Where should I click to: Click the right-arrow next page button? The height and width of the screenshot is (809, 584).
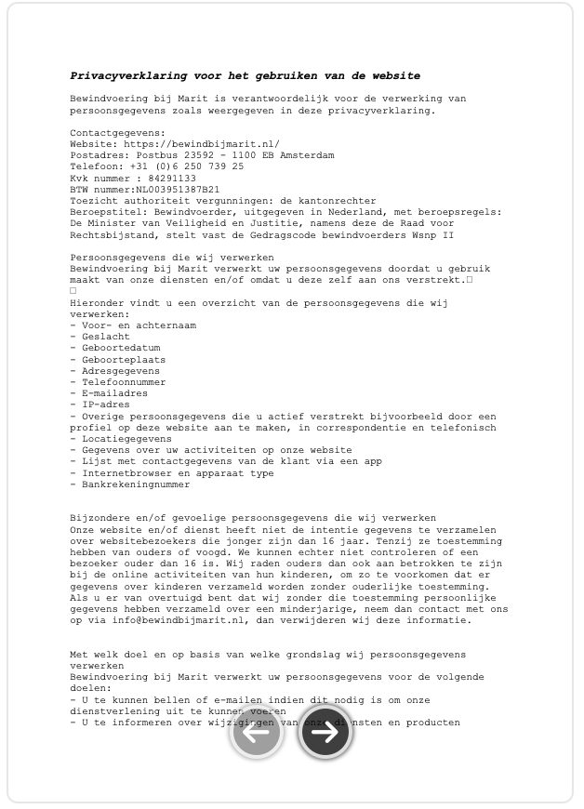325,733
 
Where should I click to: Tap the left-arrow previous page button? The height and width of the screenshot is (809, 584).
257,733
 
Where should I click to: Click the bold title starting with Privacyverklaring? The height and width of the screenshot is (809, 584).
245,76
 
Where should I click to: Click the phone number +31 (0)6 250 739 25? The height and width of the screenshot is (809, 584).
187,166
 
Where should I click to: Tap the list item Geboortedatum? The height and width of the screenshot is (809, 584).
114,348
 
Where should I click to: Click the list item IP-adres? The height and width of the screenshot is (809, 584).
100,404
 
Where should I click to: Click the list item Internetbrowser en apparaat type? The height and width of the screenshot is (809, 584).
172,472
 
